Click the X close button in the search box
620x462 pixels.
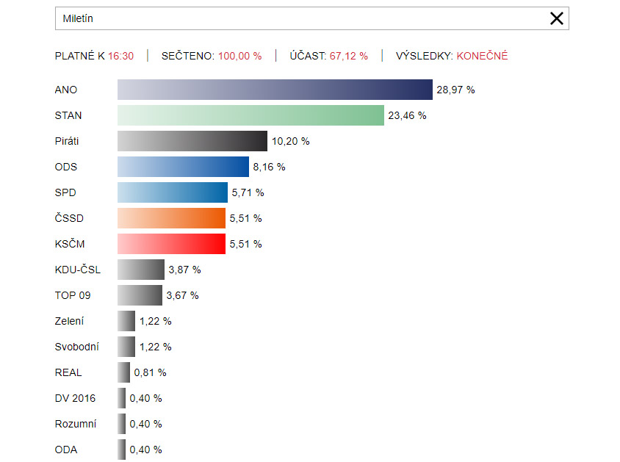click(557, 18)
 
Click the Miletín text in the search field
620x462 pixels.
click(78, 18)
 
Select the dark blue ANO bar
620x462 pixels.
click(275, 90)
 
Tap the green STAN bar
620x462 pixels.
click(250, 115)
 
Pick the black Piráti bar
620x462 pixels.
click(192, 141)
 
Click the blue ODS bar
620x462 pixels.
click(183, 167)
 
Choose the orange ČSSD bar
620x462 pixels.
click(171, 218)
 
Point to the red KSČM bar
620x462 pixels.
click(171, 244)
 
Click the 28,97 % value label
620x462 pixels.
click(455, 90)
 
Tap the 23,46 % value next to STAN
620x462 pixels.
click(407, 115)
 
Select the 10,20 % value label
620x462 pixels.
click(290, 141)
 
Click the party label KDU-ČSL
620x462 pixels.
click(78, 270)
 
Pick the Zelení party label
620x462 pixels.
click(70, 321)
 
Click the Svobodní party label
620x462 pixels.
click(76, 347)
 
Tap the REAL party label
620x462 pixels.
click(68, 372)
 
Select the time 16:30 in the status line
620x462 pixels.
click(120, 56)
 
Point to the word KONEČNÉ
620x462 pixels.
click(482, 56)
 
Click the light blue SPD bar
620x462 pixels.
click(173, 192)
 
